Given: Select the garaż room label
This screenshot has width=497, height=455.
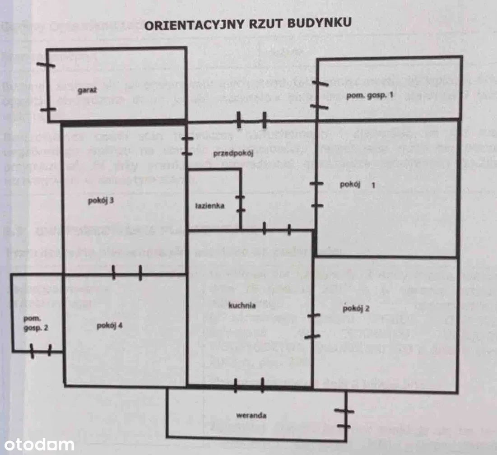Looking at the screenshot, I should click(86, 91).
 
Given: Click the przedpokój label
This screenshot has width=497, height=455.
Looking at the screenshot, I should click(234, 153).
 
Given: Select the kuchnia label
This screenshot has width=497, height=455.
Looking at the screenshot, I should click(242, 305).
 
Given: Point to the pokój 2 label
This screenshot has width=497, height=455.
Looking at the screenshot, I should click(356, 309).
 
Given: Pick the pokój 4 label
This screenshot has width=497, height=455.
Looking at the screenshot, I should click(110, 325).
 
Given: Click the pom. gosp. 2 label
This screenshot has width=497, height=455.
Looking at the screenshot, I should click(36, 323).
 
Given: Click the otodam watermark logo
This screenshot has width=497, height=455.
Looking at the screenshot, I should click(37, 445).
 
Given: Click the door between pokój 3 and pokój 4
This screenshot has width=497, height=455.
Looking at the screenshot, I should click(127, 273).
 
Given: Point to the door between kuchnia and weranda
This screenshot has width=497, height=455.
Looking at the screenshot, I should click(249, 385).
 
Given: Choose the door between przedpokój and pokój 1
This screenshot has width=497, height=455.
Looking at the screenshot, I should click(317, 195).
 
